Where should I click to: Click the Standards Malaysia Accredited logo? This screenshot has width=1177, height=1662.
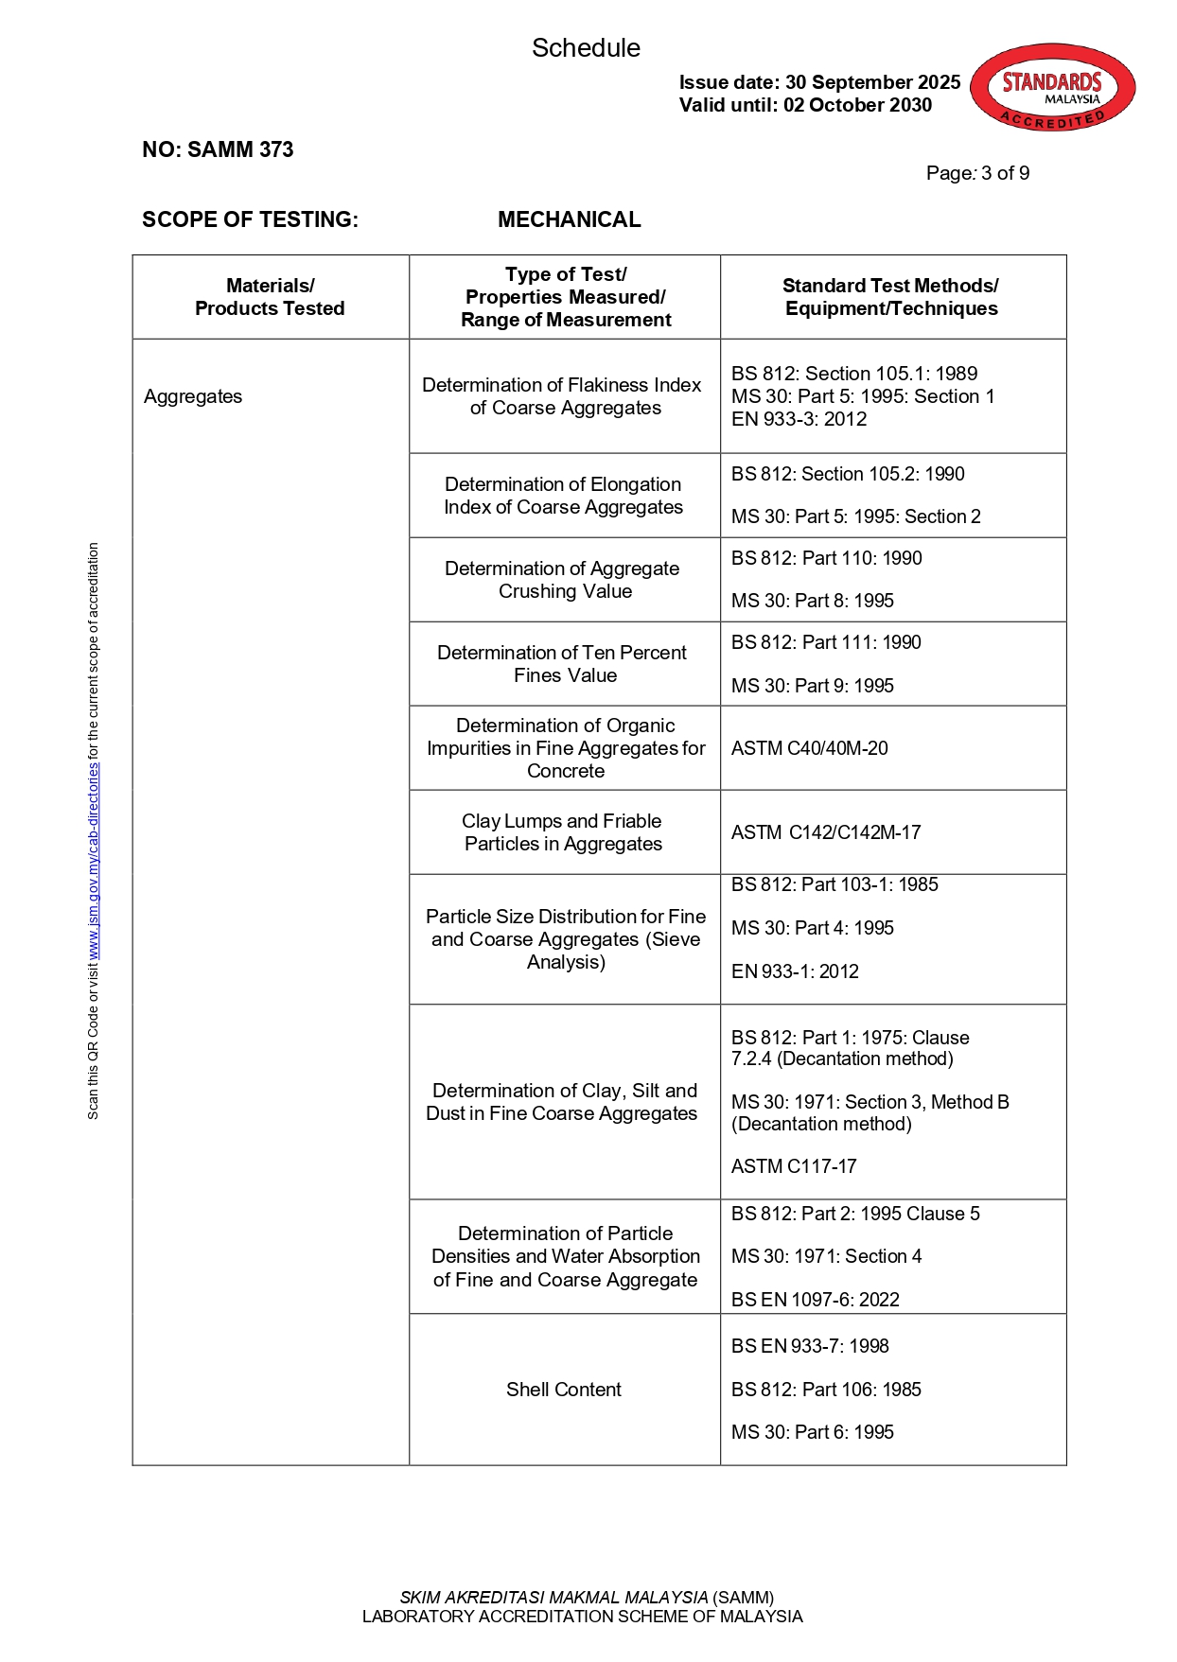tap(1052, 87)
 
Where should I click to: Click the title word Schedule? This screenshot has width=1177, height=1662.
tap(586, 48)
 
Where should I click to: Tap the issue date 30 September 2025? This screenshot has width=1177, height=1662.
tap(871, 82)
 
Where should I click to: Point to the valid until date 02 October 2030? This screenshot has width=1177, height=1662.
tap(857, 105)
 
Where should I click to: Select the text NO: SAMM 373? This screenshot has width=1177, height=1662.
tap(218, 149)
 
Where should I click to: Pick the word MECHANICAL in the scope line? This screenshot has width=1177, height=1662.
tap(569, 219)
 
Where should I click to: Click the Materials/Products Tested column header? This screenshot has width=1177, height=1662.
tap(270, 297)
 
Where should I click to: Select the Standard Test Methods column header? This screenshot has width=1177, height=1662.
tap(890, 297)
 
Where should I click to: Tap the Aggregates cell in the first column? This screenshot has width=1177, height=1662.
tap(193, 396)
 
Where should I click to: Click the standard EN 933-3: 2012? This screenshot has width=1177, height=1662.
tap(799, 419)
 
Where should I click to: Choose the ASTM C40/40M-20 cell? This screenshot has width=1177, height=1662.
tap(809, 748)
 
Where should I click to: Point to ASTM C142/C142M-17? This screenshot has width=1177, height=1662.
tap(825, 832)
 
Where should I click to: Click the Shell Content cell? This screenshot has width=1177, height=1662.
tap(563, 1390)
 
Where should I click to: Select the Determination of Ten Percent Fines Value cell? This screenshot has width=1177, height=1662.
tap(564, 664)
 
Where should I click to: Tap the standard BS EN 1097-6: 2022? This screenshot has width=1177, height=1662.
tap(815, 1300)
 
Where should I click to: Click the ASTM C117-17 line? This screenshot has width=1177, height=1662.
tap(794, 1166)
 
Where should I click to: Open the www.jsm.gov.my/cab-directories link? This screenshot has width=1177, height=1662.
tap(93, 861)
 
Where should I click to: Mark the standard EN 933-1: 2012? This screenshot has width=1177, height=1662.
tap(795, 971)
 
